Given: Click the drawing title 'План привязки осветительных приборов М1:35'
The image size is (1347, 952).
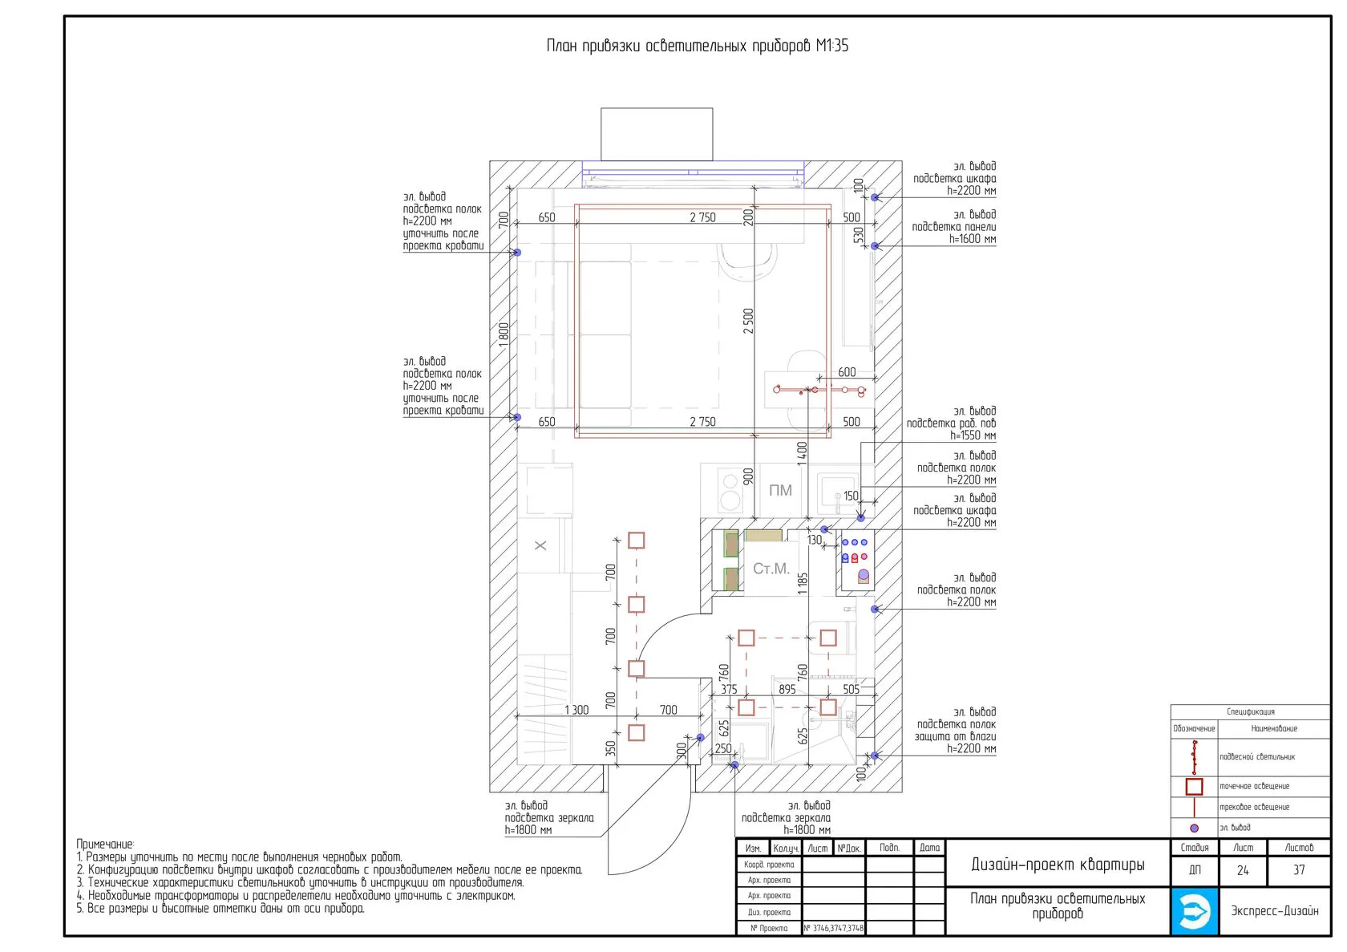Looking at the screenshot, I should click(x=697, y=46).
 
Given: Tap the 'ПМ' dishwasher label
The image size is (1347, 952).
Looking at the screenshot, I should click(x=780, y=490).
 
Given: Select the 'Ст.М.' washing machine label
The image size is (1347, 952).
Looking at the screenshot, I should click(x=771, y=569).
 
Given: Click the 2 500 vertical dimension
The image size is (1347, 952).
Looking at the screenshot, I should click(x=748, y=321).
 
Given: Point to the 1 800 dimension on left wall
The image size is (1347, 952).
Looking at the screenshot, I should click(x=504, y=333).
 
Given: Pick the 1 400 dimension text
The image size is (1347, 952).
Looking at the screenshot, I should click(x=802, y=453).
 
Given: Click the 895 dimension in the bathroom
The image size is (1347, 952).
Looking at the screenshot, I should click(x=787, y=689).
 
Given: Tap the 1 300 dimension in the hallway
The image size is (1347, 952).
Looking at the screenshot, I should click(x=576, y=710).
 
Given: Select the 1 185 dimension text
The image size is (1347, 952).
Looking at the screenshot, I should click(x=803, y=583).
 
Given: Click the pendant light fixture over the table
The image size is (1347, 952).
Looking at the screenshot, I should click(x=818, y=390).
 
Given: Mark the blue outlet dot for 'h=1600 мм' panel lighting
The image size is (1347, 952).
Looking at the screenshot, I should click(x=876, y=246).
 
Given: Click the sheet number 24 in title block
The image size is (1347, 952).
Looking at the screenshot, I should click(x=1243, y=870).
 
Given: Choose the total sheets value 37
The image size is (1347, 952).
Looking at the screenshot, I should click(x=1299, y=870).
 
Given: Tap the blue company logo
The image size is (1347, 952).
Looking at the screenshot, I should click(x=1195, y=911).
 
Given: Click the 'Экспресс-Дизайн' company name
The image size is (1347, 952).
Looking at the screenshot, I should click(x=1275, y=911).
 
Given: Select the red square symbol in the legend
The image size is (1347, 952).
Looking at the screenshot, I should click(x=1194, y=787).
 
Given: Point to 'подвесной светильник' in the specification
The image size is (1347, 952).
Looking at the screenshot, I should click(x=1257, y=757).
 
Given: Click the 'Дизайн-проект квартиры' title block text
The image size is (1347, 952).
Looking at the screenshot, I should click(x=1058, y=864).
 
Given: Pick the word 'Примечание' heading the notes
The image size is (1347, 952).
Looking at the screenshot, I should click(x=105, y=845).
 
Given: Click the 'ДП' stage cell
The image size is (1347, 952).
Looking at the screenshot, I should click(x=1195, y=870).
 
